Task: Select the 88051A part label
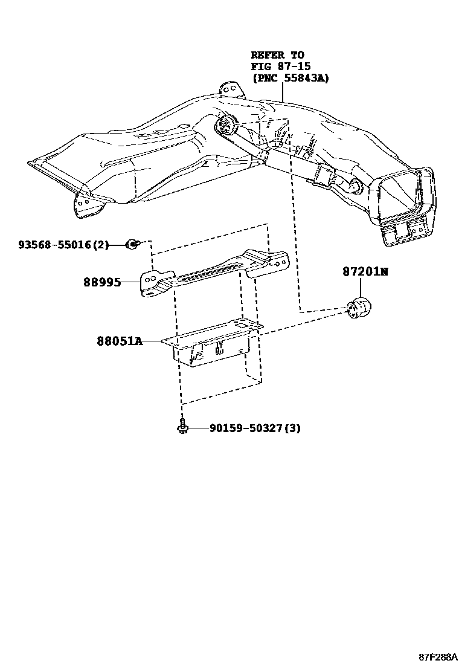[120, 341]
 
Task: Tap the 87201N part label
[365, 272]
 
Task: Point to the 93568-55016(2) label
[63, 245]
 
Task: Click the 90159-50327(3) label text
[255, 428]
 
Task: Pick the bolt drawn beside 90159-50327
[181, 427]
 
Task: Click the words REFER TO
[278, 55]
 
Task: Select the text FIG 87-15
[281, 66]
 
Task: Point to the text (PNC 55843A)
[290, 78]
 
